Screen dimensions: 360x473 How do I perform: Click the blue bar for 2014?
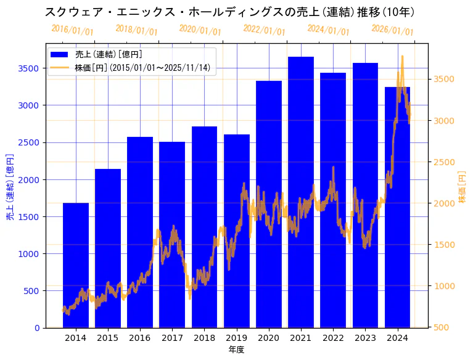[x=76, y=265]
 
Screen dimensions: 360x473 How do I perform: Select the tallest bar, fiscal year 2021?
[x=301, y=191]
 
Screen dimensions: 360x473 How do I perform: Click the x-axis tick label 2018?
[x=204, y=338]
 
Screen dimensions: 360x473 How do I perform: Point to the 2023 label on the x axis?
[x=365, y=338]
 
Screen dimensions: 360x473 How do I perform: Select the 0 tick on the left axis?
[x=38, y=328]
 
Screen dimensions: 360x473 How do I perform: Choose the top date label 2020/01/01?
[x=200, y=30]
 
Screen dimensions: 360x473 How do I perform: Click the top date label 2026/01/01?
[x=392, y=30]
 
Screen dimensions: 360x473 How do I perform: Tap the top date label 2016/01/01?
[x=72, y=30]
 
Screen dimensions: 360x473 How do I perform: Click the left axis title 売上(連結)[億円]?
[x=10, y=186]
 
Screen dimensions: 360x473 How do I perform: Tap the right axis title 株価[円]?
[x=463, y=187]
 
